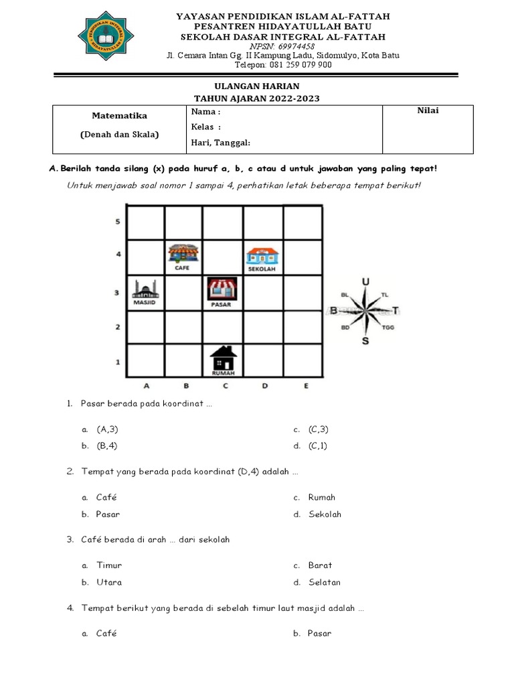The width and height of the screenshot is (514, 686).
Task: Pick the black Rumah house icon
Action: click(x=224, y=358)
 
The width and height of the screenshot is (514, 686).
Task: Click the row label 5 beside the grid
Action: click(x=118, y=222)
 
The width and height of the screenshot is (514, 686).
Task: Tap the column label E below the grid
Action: click(x=306, y=385)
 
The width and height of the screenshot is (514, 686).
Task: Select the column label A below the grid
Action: click(x=147, y=385)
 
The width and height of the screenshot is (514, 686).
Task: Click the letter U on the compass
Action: click(x=365, y=282)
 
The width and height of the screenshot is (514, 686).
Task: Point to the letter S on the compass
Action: click(x=365, y=341)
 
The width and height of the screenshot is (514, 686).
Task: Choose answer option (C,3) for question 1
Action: click(x=319, y=429)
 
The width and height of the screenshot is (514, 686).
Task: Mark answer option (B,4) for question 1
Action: click(x=107, y=445)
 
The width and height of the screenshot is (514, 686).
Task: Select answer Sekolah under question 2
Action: click(x=325, y=514)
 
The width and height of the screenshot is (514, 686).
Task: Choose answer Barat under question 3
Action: click(x=320, y=565)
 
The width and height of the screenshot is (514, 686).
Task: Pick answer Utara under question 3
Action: click(x=109, y=582)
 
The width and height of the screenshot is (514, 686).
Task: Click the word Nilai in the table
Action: click(x=428, y=111)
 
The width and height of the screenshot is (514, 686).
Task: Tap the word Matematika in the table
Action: click(x=120, y=116)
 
